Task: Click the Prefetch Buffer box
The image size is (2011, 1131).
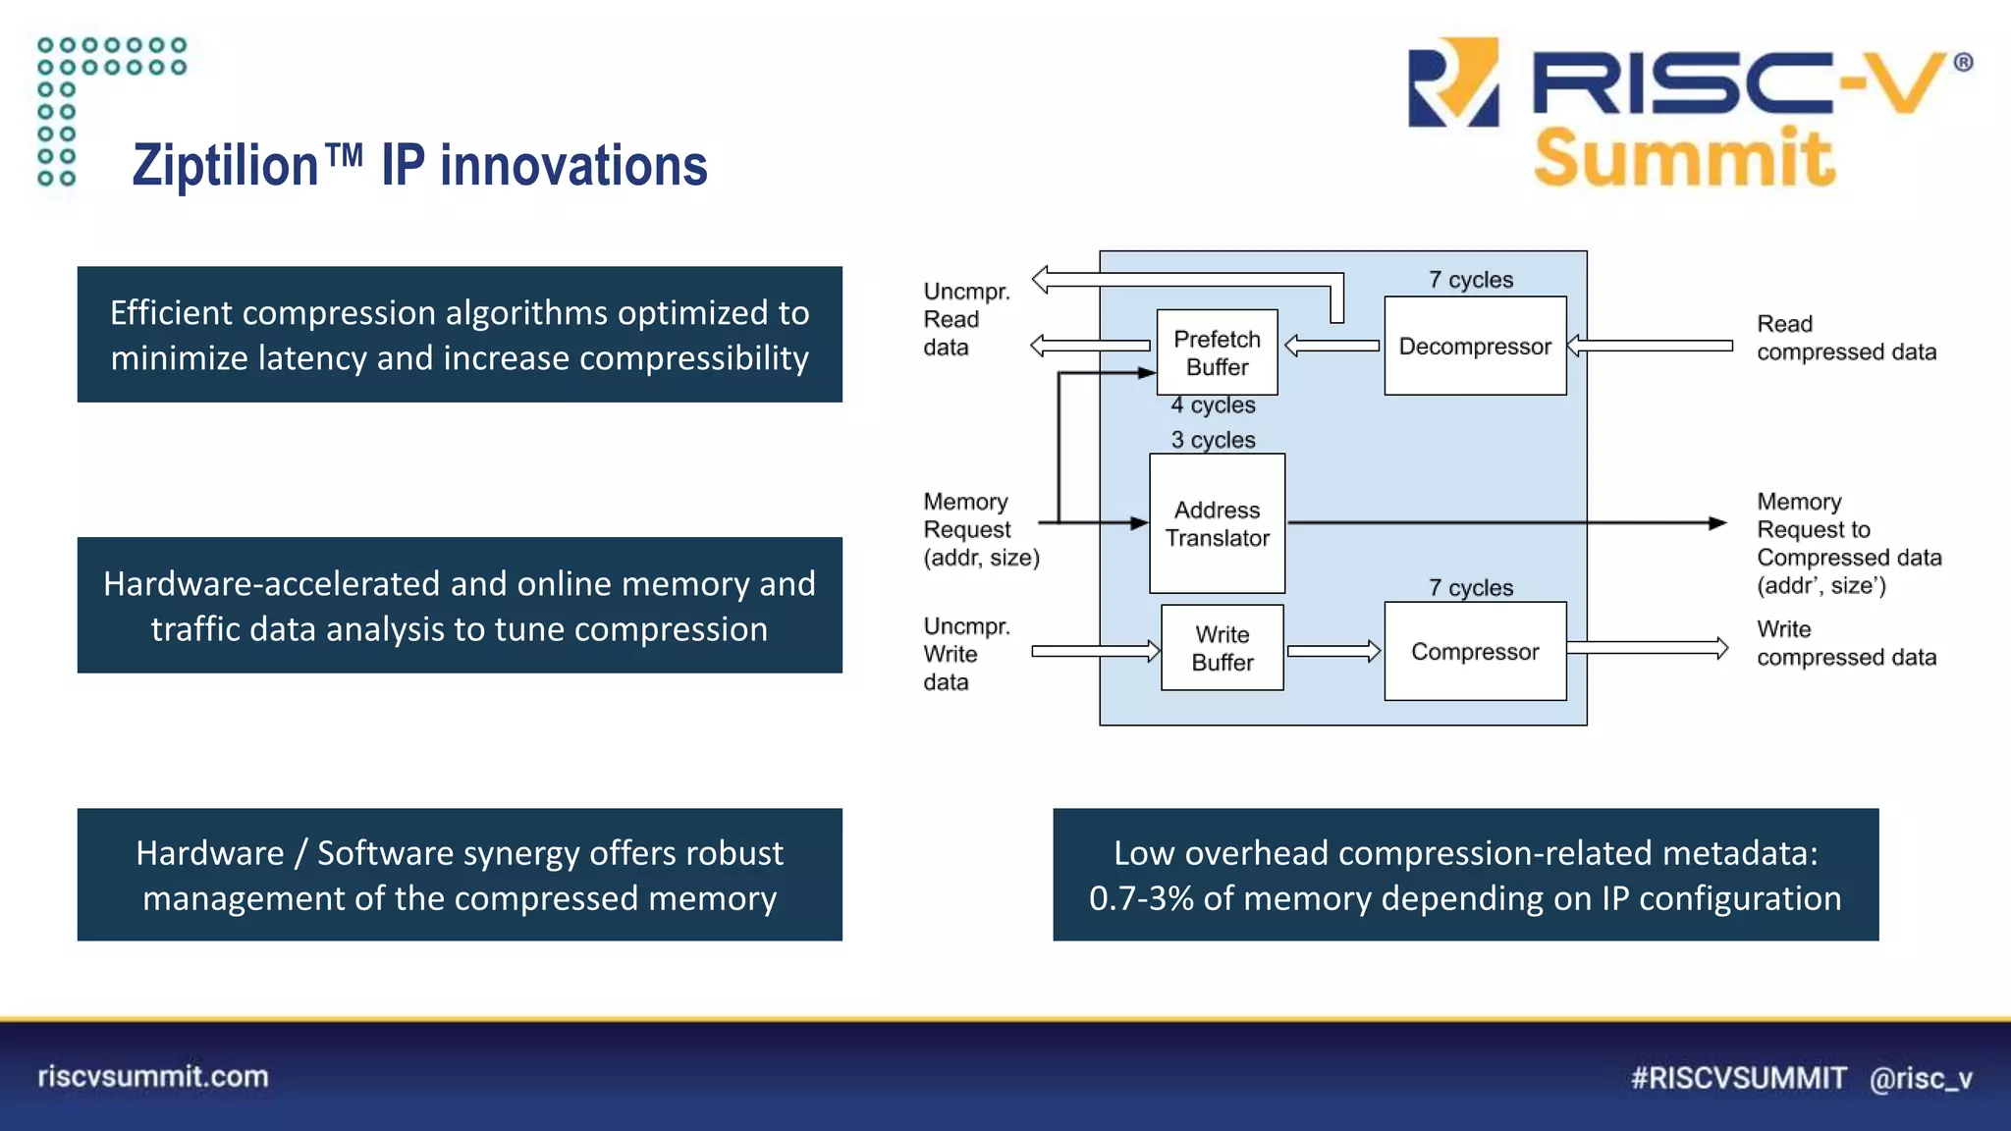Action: click(x=1217, y=352)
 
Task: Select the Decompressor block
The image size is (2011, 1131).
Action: click(x=1475, y=347)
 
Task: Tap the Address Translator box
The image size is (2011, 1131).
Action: click(x=1217, y=523)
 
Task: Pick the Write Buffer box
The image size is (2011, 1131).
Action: click(x=1222, y=648)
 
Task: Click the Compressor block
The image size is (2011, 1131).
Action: click(x=1475, y=651)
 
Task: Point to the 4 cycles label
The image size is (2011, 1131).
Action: click(x=1214, y=404)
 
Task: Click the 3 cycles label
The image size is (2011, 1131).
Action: click(x=1214, y=440)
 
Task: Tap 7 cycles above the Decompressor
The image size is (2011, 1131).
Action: click(x=1471, y=280)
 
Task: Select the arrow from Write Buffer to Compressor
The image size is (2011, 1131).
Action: click(x=1333, y=651)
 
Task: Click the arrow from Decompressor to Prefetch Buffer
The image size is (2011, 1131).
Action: click(x=1332, y=346)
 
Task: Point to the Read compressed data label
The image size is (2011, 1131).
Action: click(x=1846, y=338)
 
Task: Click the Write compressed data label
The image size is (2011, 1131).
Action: click(x=1846, y=643)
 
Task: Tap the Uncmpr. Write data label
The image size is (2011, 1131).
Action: click(x=966, y=654)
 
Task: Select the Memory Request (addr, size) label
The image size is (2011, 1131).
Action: click(x=980, y=529)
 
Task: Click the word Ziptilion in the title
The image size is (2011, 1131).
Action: click(x=226, y=166)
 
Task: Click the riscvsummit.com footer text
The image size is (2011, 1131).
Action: click(x=153, y=1076)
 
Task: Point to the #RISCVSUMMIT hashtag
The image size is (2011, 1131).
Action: click(x=1738, y=1078)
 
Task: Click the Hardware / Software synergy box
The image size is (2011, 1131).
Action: click(x=460, y=875)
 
